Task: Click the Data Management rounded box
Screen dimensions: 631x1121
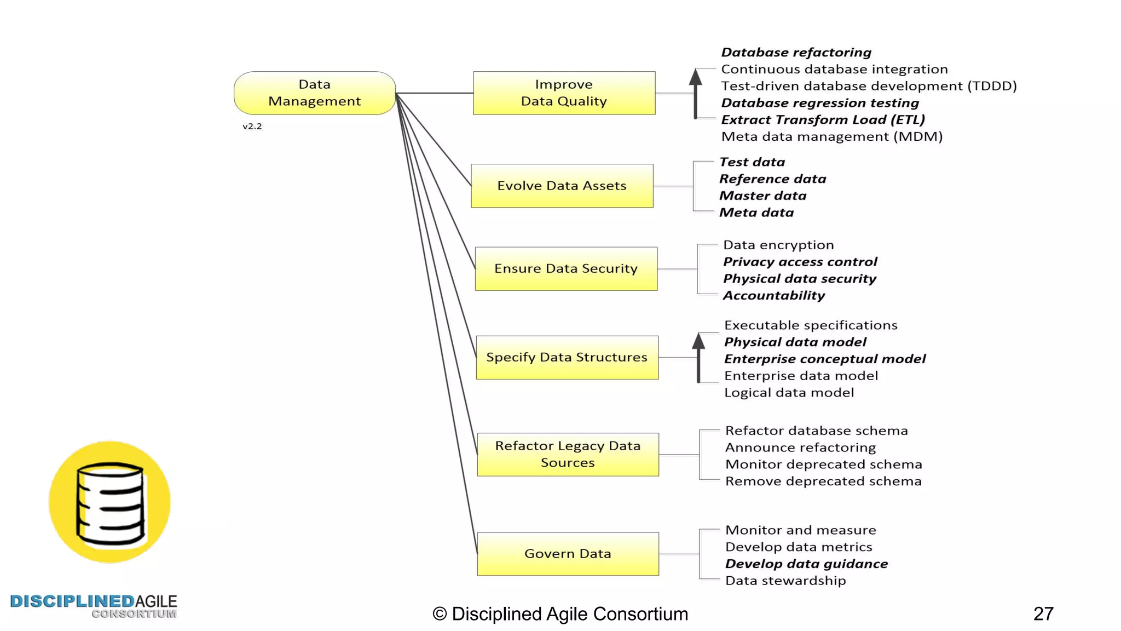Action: (x=315, y=93)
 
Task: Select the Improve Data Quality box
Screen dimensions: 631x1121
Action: (x=564, y=93)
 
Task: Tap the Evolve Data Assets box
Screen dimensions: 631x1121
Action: (x=562, y=186)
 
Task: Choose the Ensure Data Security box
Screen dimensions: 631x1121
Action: (x=566, y=268)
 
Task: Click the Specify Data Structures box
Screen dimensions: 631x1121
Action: (x=567, y=357)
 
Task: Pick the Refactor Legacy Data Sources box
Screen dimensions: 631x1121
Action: (x=568, y=454)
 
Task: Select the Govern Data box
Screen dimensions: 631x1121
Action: (x=568, y=554)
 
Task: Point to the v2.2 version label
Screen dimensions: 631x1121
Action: (x=252, y=127)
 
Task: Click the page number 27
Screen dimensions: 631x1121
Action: (x=1043, y=613)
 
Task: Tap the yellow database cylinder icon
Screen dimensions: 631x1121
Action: (x=109, y=502)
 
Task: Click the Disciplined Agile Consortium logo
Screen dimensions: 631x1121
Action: (x=94, y=606)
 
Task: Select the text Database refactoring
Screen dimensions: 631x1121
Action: (x=796, y=53)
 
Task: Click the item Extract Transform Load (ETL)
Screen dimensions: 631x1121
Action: (x=823, y=120)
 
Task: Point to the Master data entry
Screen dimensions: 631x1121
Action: (x=762, y=196)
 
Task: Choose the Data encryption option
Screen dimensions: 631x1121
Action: (x=778, y=245)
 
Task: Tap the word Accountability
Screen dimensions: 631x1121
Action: (x=774, y=296)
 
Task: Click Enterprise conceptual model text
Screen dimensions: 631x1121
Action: (x=824, y=359)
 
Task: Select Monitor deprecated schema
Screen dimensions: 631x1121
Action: (x=823, y=464)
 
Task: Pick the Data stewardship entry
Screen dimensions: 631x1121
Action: (x=785, y=581)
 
